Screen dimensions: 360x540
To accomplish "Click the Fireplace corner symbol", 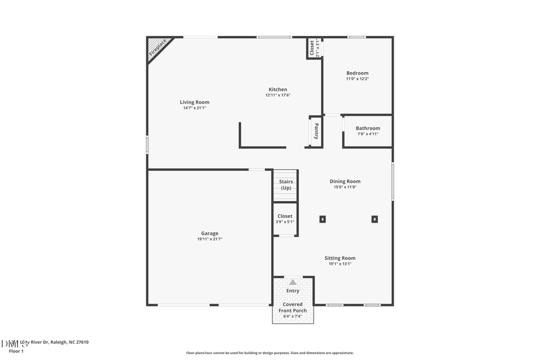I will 157,47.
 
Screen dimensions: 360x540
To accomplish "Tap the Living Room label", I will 194,103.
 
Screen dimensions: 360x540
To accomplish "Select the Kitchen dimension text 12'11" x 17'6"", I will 278,95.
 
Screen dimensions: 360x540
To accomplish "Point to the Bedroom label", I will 357,73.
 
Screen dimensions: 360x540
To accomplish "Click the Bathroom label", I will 368,128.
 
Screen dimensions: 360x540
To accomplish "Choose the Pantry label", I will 316,131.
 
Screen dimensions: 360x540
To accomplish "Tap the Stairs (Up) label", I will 286,184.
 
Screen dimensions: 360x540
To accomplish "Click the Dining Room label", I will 345,181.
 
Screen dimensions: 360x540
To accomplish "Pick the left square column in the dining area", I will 323,219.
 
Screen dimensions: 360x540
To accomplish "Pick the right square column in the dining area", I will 374,219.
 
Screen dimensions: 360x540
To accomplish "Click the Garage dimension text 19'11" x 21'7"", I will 209,239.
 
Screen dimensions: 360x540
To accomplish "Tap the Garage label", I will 209,233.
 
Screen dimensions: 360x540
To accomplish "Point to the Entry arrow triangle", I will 293,281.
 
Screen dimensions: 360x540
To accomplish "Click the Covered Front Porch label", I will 293,307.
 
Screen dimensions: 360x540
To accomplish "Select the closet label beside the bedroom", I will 311,48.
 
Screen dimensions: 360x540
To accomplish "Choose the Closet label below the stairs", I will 285,216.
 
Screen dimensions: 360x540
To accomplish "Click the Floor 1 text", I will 16,350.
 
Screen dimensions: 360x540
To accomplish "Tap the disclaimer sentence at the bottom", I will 270,353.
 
